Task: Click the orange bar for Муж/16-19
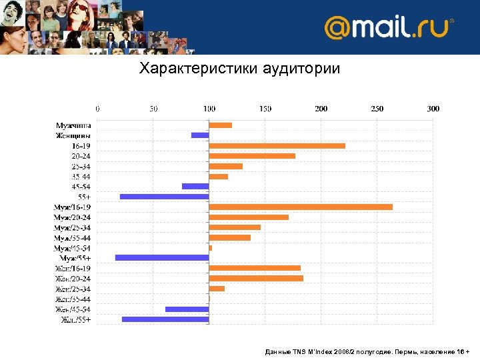pos(301,207)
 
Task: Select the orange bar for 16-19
pos(277,145)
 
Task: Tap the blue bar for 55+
pos(165,197)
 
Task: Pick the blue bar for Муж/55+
pos(162,257)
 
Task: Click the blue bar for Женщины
pos(200,135)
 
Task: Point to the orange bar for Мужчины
pos(221,125)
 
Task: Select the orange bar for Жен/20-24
pos(256,278)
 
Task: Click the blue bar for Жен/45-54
pos(187,309)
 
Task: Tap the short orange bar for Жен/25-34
pos(217,289)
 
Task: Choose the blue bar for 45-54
pos(195,186)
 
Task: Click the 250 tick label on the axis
pos(377,109)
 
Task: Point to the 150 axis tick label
pos(265,109)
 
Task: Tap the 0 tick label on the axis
pos(98,109)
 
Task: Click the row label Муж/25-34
pos(73,227)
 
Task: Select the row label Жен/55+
pos(77,319)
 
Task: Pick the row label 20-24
pos(81,155)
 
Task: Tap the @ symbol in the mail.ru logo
pos(337,28)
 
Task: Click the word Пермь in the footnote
pos(406,351)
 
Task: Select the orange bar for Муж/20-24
pos(249,217)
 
